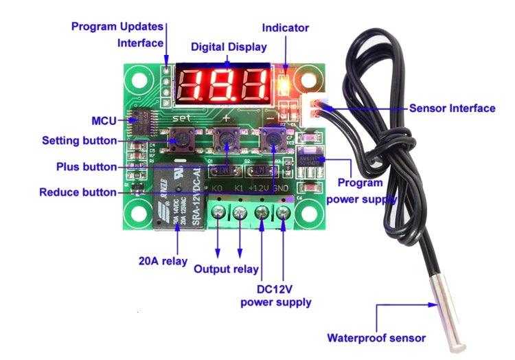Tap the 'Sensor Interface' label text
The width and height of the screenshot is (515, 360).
(452, 108)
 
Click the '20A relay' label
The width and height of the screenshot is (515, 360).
(162, 261)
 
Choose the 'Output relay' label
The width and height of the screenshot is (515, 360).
(226, 269)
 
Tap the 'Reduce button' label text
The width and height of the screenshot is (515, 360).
(78, 192)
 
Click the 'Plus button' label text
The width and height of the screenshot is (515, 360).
(86, 167)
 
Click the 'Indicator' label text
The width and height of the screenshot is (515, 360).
(286, 28)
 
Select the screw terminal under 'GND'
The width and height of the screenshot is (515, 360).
(284, 212)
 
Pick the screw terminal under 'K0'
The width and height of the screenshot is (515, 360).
(218, 213)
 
